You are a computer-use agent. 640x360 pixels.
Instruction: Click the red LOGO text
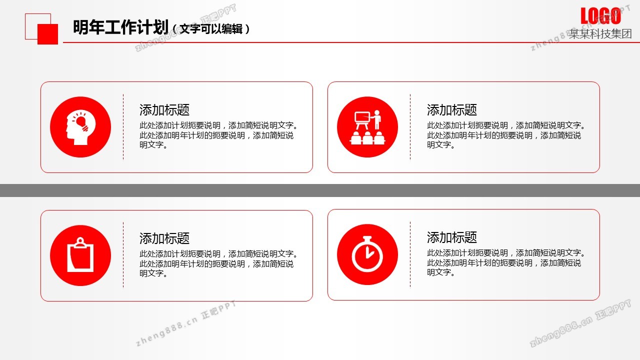pos(600,16)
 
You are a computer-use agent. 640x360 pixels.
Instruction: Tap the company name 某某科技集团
pos(600,33)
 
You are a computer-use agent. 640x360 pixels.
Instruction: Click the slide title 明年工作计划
pos(120,27)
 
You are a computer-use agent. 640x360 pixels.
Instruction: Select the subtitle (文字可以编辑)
pos(211,29)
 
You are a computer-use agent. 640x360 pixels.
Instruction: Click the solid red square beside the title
pos(47,34)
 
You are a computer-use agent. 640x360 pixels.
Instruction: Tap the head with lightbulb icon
pos(80,127)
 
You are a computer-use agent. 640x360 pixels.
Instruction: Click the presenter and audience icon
pos(367,127)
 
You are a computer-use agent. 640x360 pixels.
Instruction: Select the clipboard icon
pos(80,254)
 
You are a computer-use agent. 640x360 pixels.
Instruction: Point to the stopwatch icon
pos(367,253)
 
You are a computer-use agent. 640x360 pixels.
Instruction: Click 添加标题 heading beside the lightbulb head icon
pos(164,110)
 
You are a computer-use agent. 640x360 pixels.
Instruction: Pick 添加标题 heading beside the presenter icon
pos(451,110)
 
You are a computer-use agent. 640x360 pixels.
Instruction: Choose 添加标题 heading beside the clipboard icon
pos(164,238)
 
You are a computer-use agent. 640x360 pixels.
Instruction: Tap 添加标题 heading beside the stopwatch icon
pos(451,237)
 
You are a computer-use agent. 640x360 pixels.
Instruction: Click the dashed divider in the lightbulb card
pos(123,127)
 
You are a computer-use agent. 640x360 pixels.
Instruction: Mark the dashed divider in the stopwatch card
pos(410,254)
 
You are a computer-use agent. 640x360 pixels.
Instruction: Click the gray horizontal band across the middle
pos(320,190)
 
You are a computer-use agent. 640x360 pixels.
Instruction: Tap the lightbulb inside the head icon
pos(81,121)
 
